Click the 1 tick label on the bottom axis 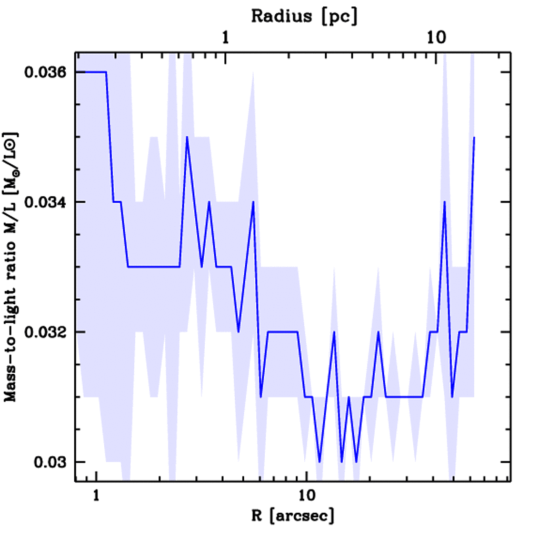coord(96,495)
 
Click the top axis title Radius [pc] coord(304,17)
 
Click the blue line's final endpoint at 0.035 coord(474,137)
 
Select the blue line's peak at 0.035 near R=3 coord(187,137)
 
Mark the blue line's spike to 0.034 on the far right coord(445,202)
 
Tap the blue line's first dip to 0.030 coord(320,462)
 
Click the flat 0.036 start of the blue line coord(92,72)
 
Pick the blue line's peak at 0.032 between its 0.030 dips coord(334,332)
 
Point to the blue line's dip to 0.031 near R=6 coord(261,397)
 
